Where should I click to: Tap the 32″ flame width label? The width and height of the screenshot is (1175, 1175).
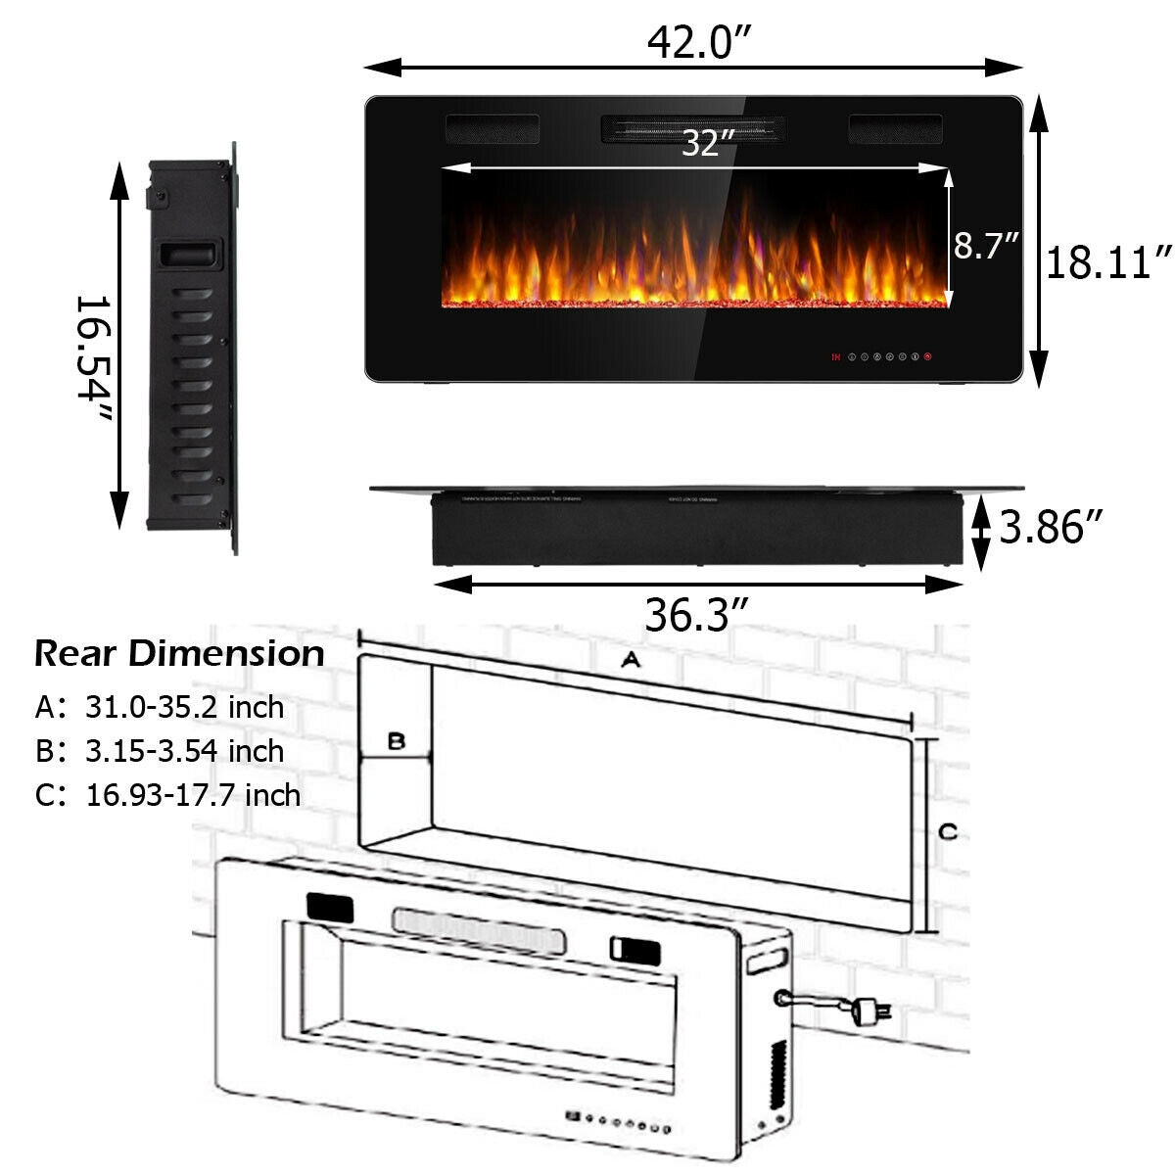point(708,143)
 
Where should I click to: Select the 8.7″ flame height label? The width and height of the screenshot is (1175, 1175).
point(987,245)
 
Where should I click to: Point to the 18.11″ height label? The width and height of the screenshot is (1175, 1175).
point(1108,262)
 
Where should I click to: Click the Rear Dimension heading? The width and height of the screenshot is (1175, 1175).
point(179,653)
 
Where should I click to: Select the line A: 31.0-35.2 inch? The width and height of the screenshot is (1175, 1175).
point(160,706)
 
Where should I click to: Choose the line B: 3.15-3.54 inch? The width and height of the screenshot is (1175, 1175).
point(160,751)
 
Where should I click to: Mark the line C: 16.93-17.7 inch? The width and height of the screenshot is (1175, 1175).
point(167,794)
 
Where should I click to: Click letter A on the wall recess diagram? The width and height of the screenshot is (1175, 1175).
point(631,661)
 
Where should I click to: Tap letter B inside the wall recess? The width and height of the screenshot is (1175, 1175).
point(396,741)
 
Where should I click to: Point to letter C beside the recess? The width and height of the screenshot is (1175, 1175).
point(948,832)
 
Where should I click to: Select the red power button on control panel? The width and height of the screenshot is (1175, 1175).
point(927,356)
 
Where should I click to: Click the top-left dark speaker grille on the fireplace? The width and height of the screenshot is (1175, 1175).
point(493,127)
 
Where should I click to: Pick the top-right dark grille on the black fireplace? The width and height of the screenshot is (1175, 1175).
point(895,127)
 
